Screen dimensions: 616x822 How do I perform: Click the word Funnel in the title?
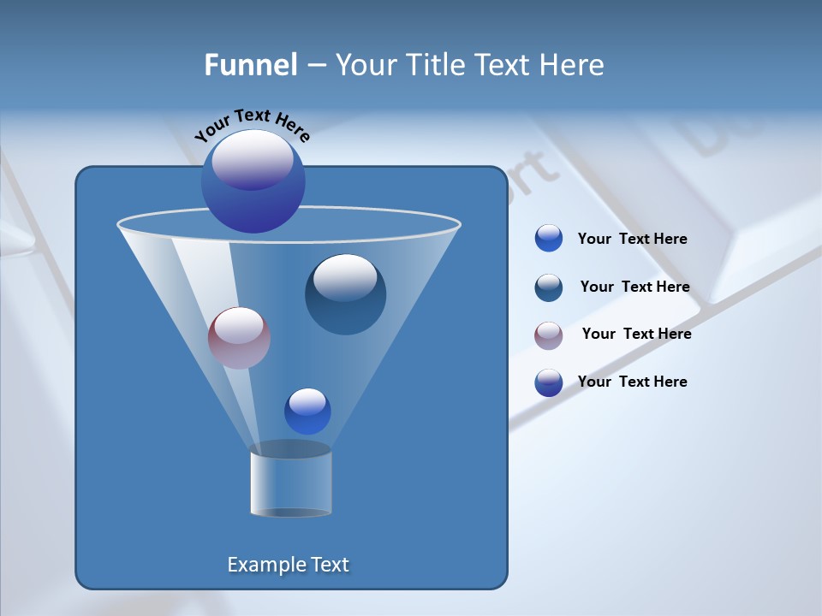tap(250, 65)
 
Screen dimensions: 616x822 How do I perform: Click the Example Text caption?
tap(289, 565)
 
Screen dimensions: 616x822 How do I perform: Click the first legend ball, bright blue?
tap(549, 239)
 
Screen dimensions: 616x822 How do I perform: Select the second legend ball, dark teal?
tap(549, 287)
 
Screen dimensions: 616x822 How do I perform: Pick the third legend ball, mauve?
tap(549, 335)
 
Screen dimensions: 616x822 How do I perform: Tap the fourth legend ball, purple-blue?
tap(549, 382)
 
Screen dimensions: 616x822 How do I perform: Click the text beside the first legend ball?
tap(632, 240)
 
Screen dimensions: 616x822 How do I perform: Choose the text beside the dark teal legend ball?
tap(634, 287)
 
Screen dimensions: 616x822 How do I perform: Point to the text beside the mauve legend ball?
tap(636, 335)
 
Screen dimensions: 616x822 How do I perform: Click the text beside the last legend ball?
tap(632, 382)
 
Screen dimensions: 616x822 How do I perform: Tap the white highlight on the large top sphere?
tap(253, 159)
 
